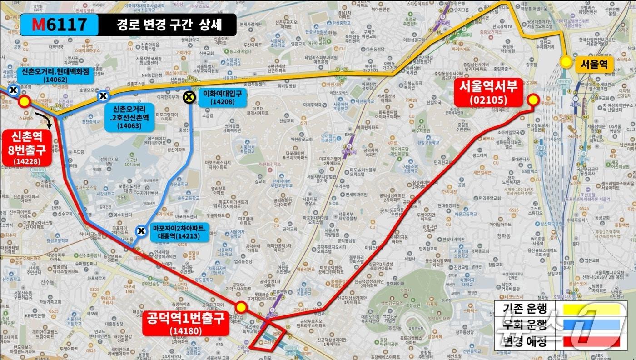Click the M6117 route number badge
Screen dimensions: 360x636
(59, 25)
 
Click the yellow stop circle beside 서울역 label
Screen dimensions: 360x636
(566, 62)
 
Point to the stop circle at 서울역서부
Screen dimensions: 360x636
(532, 100)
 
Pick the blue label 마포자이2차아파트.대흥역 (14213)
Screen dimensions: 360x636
(179, 233)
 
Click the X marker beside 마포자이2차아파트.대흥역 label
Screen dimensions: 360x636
(142, 231)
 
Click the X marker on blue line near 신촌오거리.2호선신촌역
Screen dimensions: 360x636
(104, 95)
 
